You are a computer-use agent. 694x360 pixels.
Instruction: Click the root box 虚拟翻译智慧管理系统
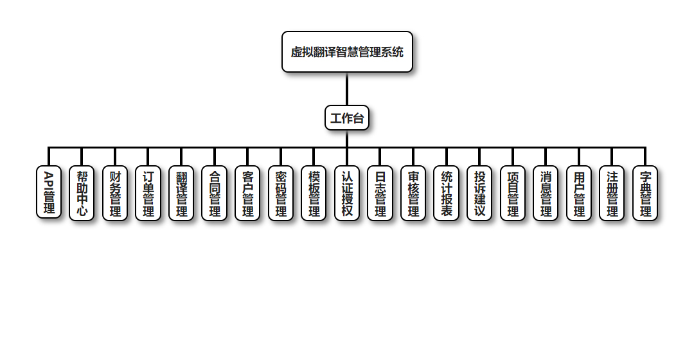coord(347,52)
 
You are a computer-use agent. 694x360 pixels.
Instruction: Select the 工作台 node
coord(347,118)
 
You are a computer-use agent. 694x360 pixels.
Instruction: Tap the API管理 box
coord(49,193)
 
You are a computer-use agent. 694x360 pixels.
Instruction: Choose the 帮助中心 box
coord(82,193)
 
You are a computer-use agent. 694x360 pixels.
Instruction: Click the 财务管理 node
coord(115,193)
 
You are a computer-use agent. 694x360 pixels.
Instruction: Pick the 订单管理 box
coord(148,193)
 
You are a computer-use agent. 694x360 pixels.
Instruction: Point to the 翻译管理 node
coord(181,193)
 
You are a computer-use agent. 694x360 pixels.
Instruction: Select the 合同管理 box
coord(215,193)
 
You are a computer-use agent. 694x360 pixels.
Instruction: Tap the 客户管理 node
coord(247,193)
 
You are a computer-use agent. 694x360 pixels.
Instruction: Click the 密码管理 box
coord(281,193)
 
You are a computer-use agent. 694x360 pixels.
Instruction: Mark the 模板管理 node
coord(314,193)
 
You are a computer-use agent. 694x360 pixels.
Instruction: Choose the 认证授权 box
coord(347,193)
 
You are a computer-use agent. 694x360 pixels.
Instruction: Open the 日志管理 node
coord(380,193)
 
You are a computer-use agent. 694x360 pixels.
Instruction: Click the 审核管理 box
coord(413,193)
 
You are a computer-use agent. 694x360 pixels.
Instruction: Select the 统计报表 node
coord(447,193)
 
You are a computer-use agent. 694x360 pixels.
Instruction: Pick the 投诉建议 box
coord(479,193)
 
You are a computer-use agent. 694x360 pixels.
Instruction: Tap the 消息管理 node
coord(546,193)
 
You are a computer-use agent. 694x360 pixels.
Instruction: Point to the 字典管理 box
coord(645,193)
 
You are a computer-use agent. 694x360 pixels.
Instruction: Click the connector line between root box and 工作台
coord(347,89)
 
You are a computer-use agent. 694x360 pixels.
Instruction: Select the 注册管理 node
coord(612,193)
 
